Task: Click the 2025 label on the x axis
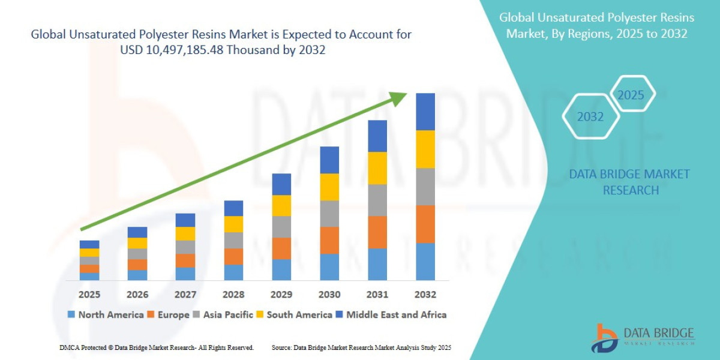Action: [89, 295]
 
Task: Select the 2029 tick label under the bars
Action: [281, 295]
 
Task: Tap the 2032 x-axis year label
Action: [425, 295]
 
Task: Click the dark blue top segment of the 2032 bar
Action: [425, 112]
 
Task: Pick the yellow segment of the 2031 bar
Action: [377, 168]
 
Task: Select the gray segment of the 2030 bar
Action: [329, 214]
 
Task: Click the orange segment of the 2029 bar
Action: [281, 248]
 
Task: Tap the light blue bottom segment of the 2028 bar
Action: [233, 272]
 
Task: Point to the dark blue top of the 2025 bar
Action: [89, 244]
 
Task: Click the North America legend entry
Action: [105, 314]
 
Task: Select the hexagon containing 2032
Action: [590, 117]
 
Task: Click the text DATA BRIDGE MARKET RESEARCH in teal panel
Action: [629, 182]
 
